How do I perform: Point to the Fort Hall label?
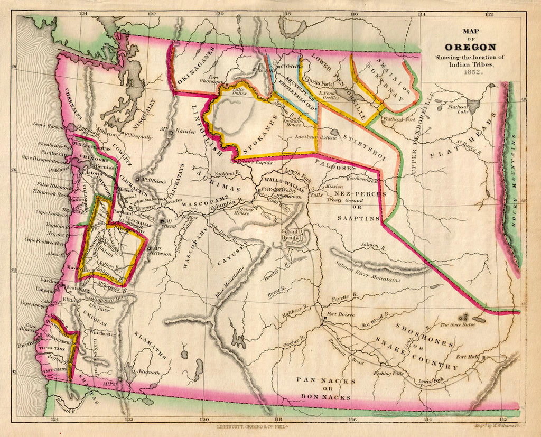pyautogui.click(x=468, y=357)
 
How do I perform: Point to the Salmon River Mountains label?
pyautogui.click(x=366, y=270)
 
